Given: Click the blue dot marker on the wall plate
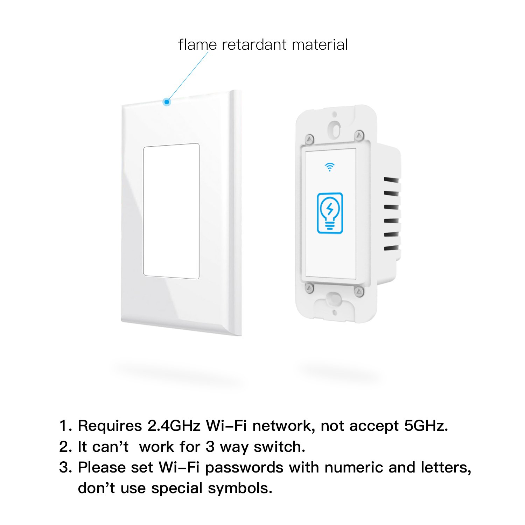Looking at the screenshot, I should (x=167, y=102).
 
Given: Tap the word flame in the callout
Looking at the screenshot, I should (x=197, y=45).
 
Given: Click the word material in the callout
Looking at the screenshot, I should (x=320, y=45).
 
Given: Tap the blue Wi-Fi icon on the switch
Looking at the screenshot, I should (x=330, y=167).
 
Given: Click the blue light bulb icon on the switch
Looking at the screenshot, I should (x=330, y=213).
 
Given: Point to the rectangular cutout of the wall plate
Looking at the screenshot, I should (x=171, y=211).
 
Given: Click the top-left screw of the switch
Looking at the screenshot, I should (x=309, y=139).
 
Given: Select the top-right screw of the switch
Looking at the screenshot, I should (x=359, y=135).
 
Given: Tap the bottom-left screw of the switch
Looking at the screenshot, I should (x=309, y=288).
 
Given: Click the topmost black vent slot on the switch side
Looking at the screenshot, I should (x=391, y=180).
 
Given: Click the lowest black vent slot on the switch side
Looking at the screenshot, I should (x=391, y=248).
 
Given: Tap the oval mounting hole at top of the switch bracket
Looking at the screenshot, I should (x=335, y=128).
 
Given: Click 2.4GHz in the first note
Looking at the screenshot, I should (x=174, y=426).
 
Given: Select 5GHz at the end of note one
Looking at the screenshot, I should (x=425, y=426).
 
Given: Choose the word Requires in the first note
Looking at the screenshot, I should (x=110, y=426).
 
